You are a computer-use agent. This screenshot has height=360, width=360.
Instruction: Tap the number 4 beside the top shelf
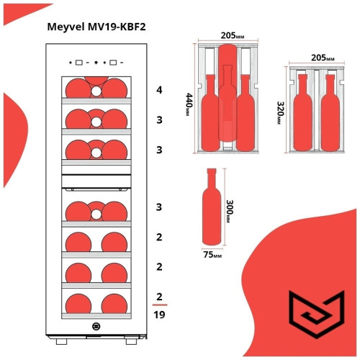point(159,91)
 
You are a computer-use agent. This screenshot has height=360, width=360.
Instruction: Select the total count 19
point(159,314)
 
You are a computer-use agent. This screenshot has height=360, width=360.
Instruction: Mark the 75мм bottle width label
point(212,253)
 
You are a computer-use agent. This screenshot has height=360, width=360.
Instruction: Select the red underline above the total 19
point(159,305)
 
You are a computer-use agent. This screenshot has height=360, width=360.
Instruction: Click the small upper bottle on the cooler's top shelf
point(96,91)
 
